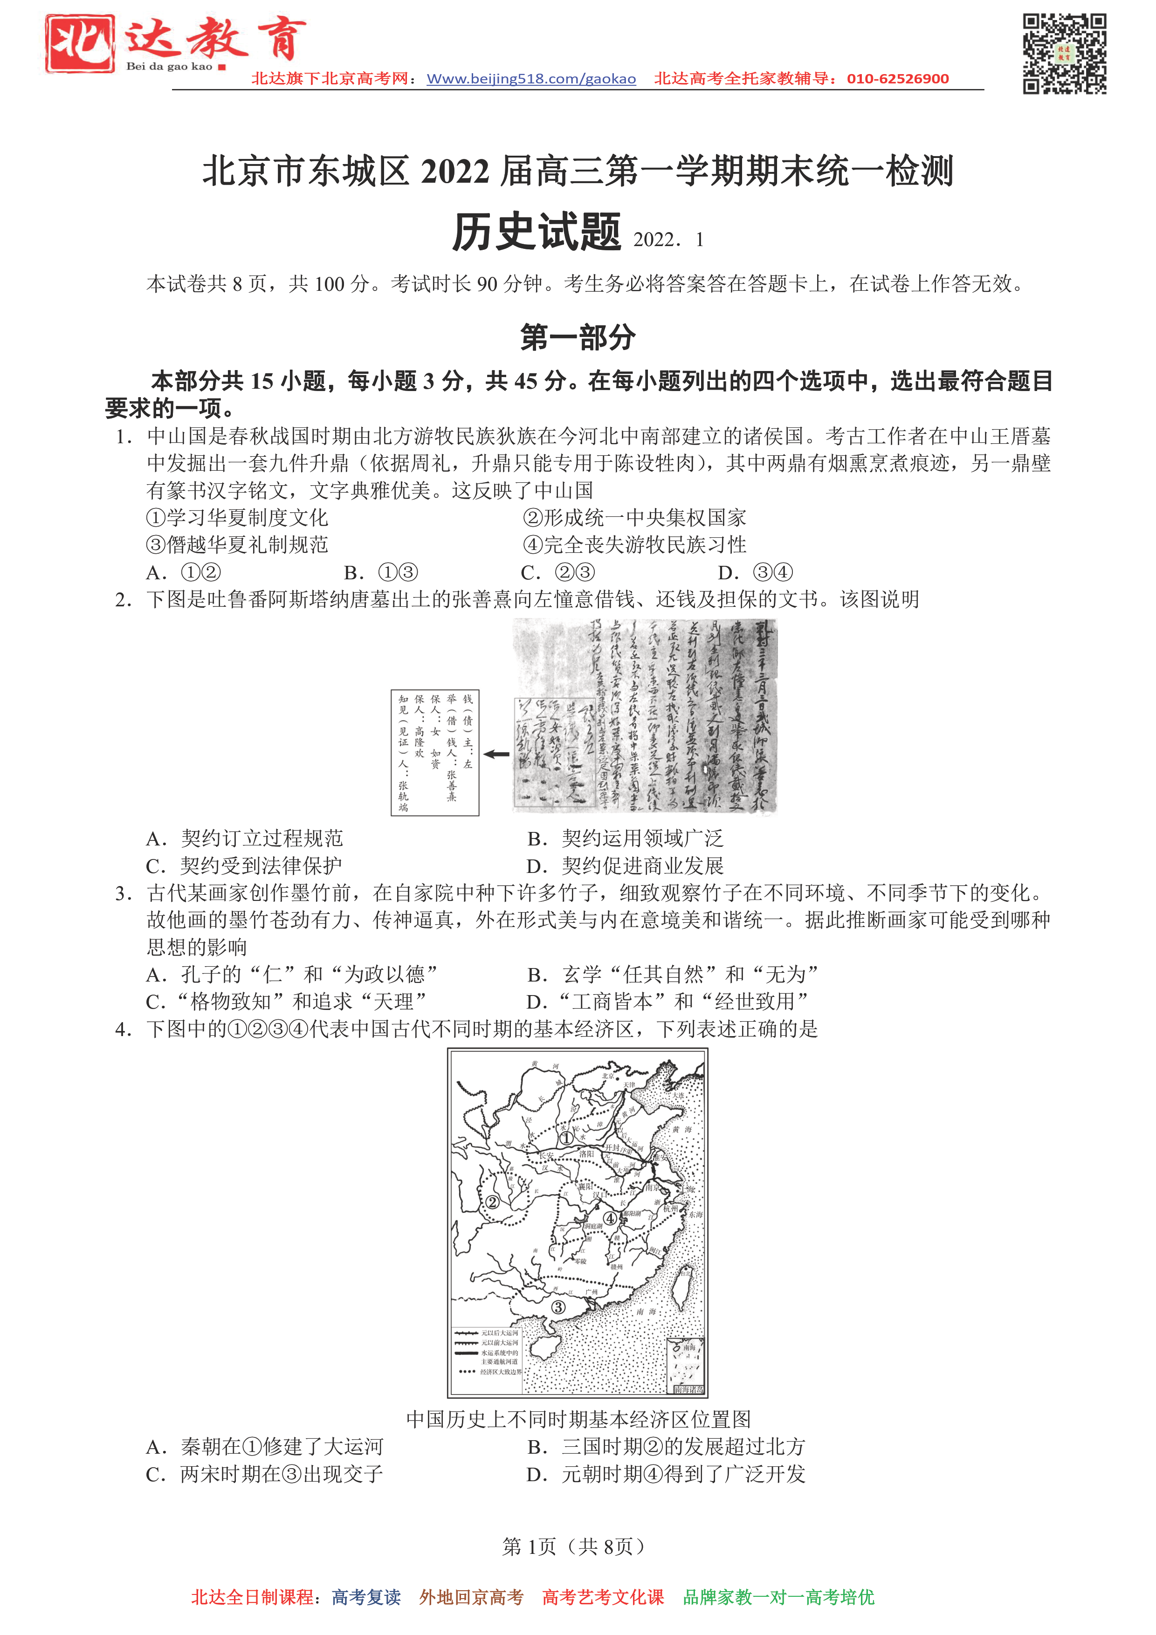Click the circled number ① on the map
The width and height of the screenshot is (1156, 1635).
tap(566, 1138)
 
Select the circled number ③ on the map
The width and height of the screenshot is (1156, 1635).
tap(558, 1307)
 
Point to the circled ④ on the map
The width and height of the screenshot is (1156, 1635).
tap(611, 1218)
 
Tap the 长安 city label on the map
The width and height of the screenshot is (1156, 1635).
tap(545, 1155)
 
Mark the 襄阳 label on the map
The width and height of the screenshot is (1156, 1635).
tap(585, 1186)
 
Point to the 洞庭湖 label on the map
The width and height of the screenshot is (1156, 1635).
tap(593, 1225)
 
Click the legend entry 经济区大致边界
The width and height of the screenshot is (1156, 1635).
tap(501, 1372)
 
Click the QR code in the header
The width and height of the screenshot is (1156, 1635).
tap(1064, 54)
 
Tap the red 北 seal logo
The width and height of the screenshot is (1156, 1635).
tap(80, 43)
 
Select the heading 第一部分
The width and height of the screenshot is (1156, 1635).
tap(578, 337)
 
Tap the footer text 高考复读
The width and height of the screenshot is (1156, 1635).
tap(366, 1597)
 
